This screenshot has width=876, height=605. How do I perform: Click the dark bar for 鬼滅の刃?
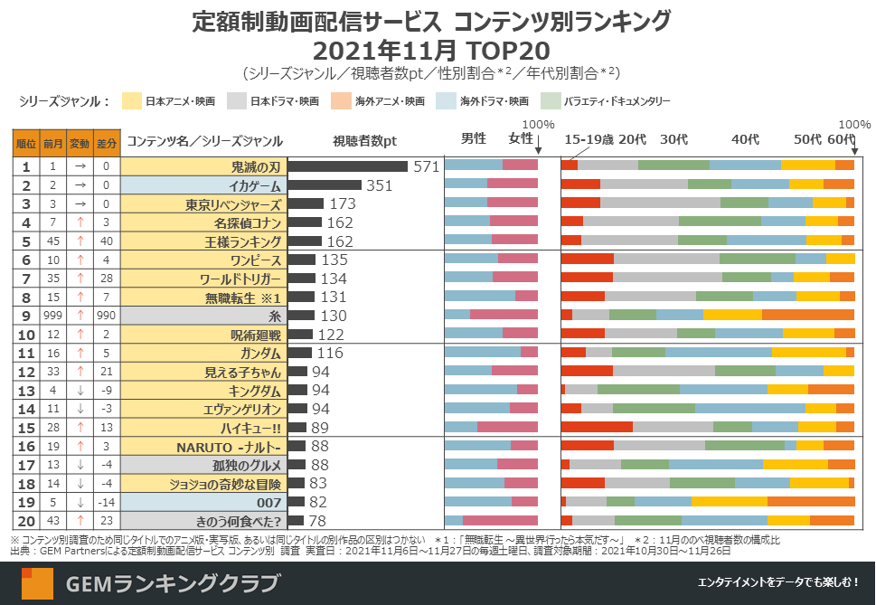point(347,166)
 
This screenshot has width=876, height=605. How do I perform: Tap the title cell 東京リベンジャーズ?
point(203,204)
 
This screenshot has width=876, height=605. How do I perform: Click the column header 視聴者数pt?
point(365,140)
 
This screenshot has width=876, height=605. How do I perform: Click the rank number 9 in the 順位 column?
point(26,316)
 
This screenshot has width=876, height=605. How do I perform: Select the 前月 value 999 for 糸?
point(53,316)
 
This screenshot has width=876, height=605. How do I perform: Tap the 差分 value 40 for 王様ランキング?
point(106,241)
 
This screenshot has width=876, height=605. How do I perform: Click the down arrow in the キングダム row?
point(80,391)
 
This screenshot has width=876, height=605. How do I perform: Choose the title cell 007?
point(203,502)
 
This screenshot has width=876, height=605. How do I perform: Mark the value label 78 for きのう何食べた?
point(318,521)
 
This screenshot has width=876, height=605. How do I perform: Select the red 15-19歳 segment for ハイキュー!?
point(597,428)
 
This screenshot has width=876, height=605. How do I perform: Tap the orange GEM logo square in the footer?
point(38,582)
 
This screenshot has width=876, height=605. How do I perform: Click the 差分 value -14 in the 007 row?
point(106,502)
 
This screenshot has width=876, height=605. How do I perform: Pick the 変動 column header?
point(80,141)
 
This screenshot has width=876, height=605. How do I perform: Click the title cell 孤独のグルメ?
point(203,465)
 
